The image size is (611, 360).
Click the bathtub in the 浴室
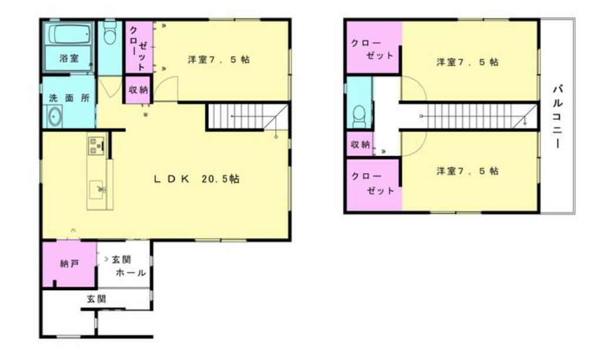[69, 34]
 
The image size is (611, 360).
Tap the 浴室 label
[69, 58]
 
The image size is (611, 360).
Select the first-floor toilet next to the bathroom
[111, 33]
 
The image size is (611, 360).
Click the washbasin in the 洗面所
[55, 116]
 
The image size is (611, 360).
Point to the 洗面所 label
[69, 98]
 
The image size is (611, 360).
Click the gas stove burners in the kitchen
[96, 146]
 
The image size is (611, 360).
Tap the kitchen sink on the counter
[96, 190]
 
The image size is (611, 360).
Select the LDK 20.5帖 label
[196, 179]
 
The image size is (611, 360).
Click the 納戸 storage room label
[69, 264]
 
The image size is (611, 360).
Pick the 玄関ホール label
[129, 266]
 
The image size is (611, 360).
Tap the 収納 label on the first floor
[138, 89]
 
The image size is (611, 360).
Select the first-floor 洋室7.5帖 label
[219, 59]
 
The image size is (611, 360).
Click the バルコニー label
[557, 116]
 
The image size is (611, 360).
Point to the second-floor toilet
[359, 116]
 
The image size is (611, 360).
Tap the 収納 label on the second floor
[360, 144]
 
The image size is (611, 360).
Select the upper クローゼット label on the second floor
[372, 49]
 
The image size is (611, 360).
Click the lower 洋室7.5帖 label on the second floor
[467, 171]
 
